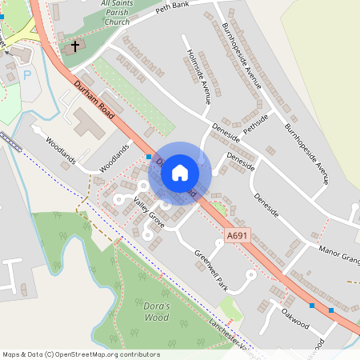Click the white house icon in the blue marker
point(180,173)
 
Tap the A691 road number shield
point(238,235)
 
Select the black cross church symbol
point(76,46)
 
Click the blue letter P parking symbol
point(27,75)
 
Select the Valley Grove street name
point(149,214)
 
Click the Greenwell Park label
point(212,270)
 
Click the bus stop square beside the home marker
point(149,157)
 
